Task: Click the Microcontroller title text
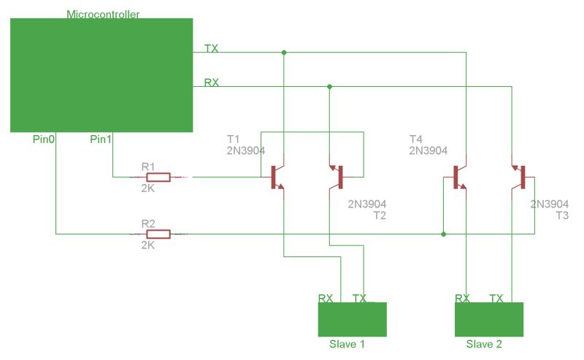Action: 103,15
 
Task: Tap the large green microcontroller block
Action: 101,75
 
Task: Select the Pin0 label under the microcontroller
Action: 45,139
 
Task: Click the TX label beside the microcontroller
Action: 211,48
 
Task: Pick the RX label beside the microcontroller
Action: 211,83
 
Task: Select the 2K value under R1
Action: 147,188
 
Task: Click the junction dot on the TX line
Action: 284,53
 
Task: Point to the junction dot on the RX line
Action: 330,87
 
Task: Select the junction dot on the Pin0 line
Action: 444,234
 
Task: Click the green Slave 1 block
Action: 352,320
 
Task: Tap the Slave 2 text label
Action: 484,344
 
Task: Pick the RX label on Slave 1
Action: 326,298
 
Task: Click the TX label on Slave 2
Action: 496,298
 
